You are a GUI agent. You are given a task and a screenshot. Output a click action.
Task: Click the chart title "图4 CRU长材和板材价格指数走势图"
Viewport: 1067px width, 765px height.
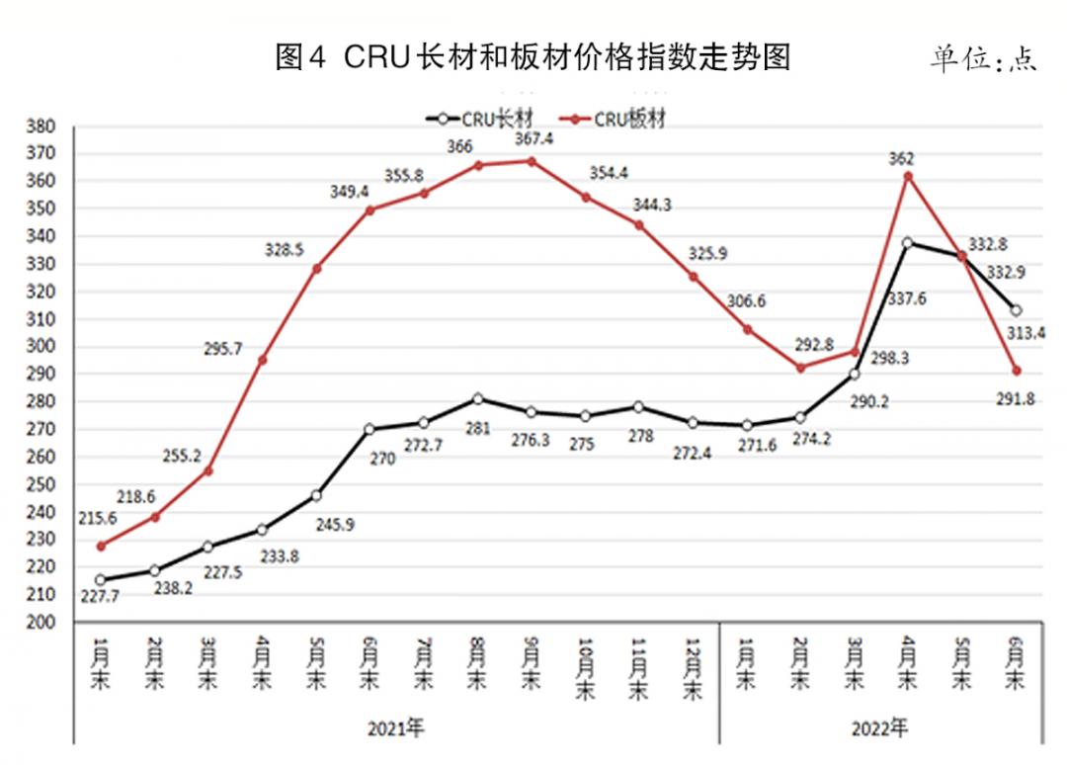click(533, 58)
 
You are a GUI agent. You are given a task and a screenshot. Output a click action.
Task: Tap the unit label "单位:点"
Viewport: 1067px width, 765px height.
click(982, 59)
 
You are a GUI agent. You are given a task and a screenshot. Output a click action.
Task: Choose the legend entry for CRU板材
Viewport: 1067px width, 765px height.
click(619, 119)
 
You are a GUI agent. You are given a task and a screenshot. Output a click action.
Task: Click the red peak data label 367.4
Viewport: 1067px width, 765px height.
click(533, 139)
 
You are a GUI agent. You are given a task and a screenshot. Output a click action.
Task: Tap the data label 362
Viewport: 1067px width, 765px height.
click(901, 158)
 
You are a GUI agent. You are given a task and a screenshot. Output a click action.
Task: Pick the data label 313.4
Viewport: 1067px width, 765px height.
click(1024, 333)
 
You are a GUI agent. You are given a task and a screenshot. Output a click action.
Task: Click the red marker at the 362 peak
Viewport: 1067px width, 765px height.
click(907, 176)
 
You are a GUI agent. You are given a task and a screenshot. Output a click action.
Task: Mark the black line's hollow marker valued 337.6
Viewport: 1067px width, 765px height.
click(907, 242)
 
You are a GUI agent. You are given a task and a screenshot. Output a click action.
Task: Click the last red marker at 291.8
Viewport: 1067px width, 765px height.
click(1015, 371)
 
